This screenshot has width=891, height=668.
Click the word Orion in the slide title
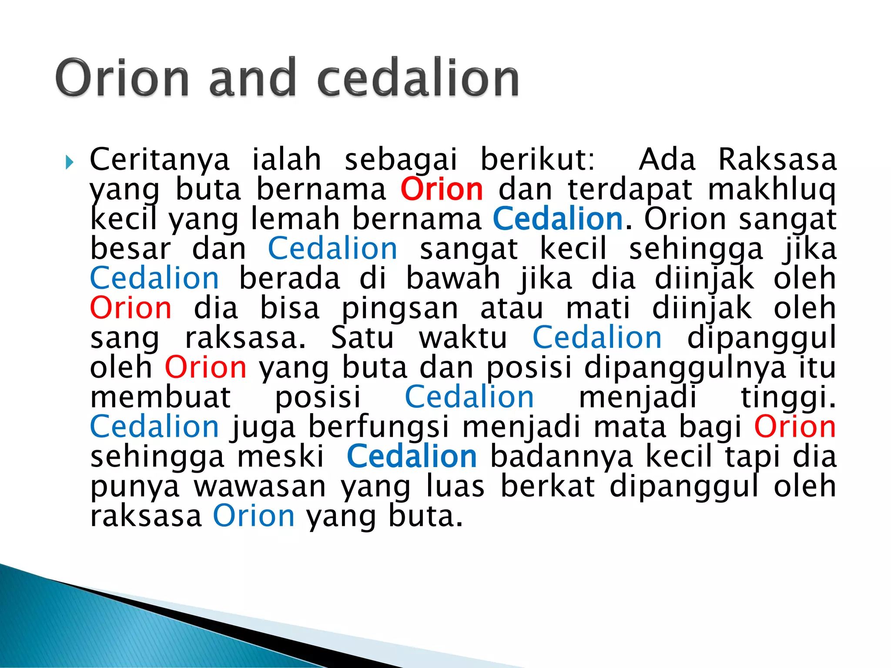(x=122, y=77)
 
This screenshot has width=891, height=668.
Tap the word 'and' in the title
(x=253, y=77)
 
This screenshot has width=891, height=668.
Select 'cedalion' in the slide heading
(x=418, y=77)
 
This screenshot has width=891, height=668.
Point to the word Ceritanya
(x=159, y=160)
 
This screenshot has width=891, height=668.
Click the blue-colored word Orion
(x=254, y=516)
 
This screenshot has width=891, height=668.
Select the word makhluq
(x=771, y=190)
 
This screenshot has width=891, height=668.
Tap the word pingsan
(x=400, y=309)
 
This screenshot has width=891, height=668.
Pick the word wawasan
(x=260, y=487)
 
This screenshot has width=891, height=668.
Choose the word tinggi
(x=788, y=397)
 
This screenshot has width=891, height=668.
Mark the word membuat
(x=161, y=397)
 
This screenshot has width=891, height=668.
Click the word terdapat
(x=630, y=190)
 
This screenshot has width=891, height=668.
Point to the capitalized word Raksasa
(x=777, y=160)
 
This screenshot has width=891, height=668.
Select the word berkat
(x=547, y=487)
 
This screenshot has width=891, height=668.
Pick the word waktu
(x=463, y=338)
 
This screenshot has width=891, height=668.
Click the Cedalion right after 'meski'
(x=412, y=457)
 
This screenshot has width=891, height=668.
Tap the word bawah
(x=453, y=279)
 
